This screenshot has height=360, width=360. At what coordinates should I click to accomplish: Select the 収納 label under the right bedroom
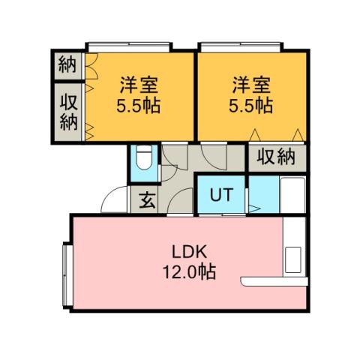point(277,157)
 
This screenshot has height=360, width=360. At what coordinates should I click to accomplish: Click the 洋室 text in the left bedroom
point(139,84)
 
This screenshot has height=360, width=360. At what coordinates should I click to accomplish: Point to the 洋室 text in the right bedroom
point(251,84)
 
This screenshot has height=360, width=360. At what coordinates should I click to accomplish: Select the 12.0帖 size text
point(188,272)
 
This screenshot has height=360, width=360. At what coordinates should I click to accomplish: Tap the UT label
point(220,195)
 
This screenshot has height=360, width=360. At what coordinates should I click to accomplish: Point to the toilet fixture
point(144,160)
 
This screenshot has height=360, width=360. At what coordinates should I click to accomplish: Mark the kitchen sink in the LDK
point(293,258)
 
